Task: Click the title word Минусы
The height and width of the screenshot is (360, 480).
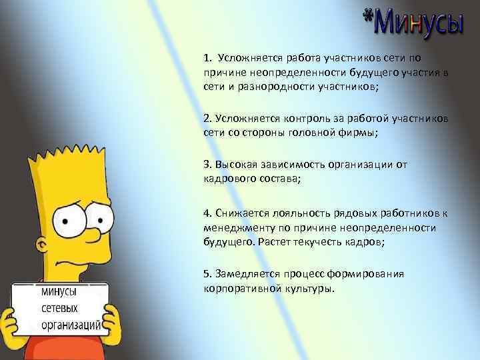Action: (x=419, y=25)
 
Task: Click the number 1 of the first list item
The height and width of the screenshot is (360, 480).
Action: (x=207, y=59)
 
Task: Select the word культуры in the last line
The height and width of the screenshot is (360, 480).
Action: (x=309, y=289)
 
